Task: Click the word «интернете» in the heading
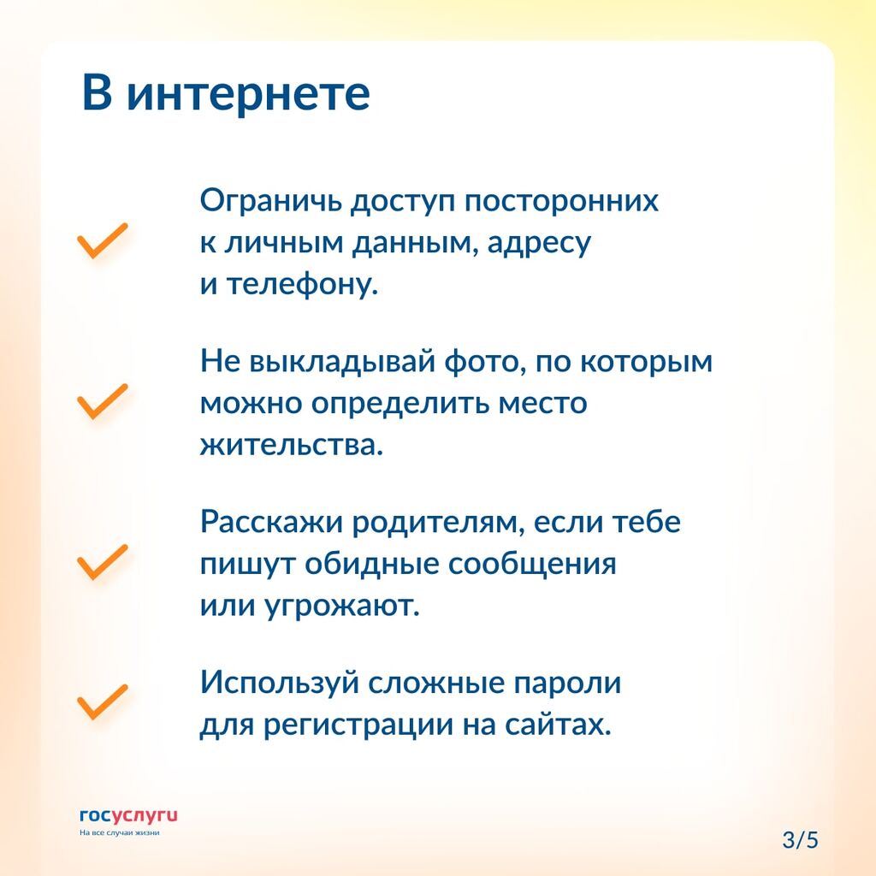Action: click(x=248, y=94)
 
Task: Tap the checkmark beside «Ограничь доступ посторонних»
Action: click(x=103, y=240)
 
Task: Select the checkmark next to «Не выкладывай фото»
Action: click(x=103, y=401)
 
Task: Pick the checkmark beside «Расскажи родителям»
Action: click(x=103, y=561)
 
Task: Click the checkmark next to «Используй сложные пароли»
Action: click(x=103, y=701)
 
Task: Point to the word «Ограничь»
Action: click(x=271, y=202)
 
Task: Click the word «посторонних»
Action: click(x=561, y=202)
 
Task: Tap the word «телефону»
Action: click(x=302, y=283)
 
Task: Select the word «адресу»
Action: click(x=539, y=244)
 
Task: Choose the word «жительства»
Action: click(x=292, y=445)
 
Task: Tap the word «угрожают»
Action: click(x=342, y=606)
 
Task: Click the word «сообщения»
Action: click(x=532, y=565)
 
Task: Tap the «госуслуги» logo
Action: click(x=128, y=816)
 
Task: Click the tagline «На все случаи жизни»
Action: click(x=120, y=832)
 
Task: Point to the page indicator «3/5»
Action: click(x=801, y=840)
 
